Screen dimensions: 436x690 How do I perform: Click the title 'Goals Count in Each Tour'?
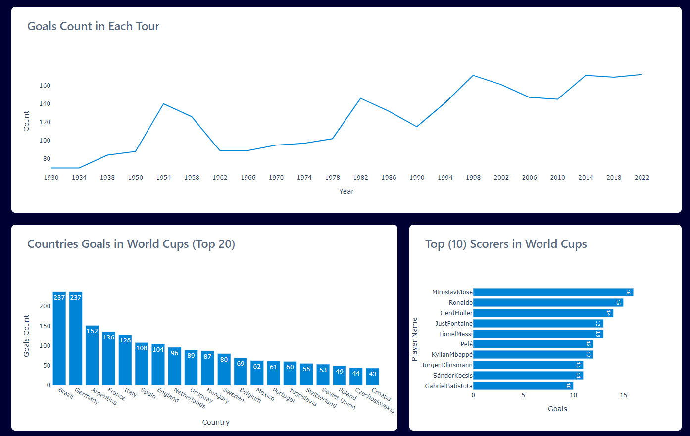93,26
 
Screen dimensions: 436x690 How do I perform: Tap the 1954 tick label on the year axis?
163,178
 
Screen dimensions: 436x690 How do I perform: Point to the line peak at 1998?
473,76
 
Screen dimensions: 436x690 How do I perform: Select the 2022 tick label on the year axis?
641,178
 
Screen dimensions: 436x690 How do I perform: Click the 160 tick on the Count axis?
45,86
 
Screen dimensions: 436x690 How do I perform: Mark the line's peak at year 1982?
361,98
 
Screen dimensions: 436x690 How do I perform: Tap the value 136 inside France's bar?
109,338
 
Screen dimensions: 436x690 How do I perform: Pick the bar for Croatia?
373,377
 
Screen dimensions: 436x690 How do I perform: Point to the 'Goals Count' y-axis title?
27,336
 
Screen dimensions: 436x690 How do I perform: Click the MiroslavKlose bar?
553,292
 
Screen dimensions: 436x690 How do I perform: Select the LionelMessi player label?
455,334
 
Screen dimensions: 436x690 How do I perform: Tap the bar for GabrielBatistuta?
523,386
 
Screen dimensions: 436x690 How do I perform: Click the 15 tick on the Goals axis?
623,395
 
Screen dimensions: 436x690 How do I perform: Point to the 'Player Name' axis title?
415,339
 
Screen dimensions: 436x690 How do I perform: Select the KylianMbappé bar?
533,355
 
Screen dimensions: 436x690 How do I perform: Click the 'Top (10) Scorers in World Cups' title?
506,244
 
